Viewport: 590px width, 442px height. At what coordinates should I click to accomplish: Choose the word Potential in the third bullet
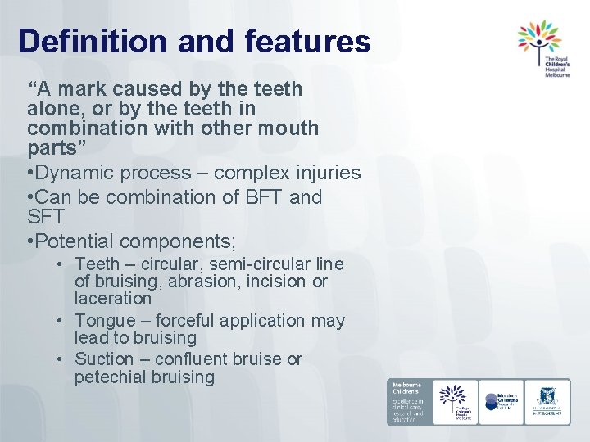[x=78, y=241]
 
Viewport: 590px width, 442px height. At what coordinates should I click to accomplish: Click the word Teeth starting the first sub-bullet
[x=96, y=264]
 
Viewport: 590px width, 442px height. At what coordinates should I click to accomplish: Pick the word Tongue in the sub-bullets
[x=102, y=320]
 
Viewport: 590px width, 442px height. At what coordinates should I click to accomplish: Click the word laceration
[x=113, y=300]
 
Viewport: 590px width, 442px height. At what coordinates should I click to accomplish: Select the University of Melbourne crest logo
[x=547, y=401]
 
